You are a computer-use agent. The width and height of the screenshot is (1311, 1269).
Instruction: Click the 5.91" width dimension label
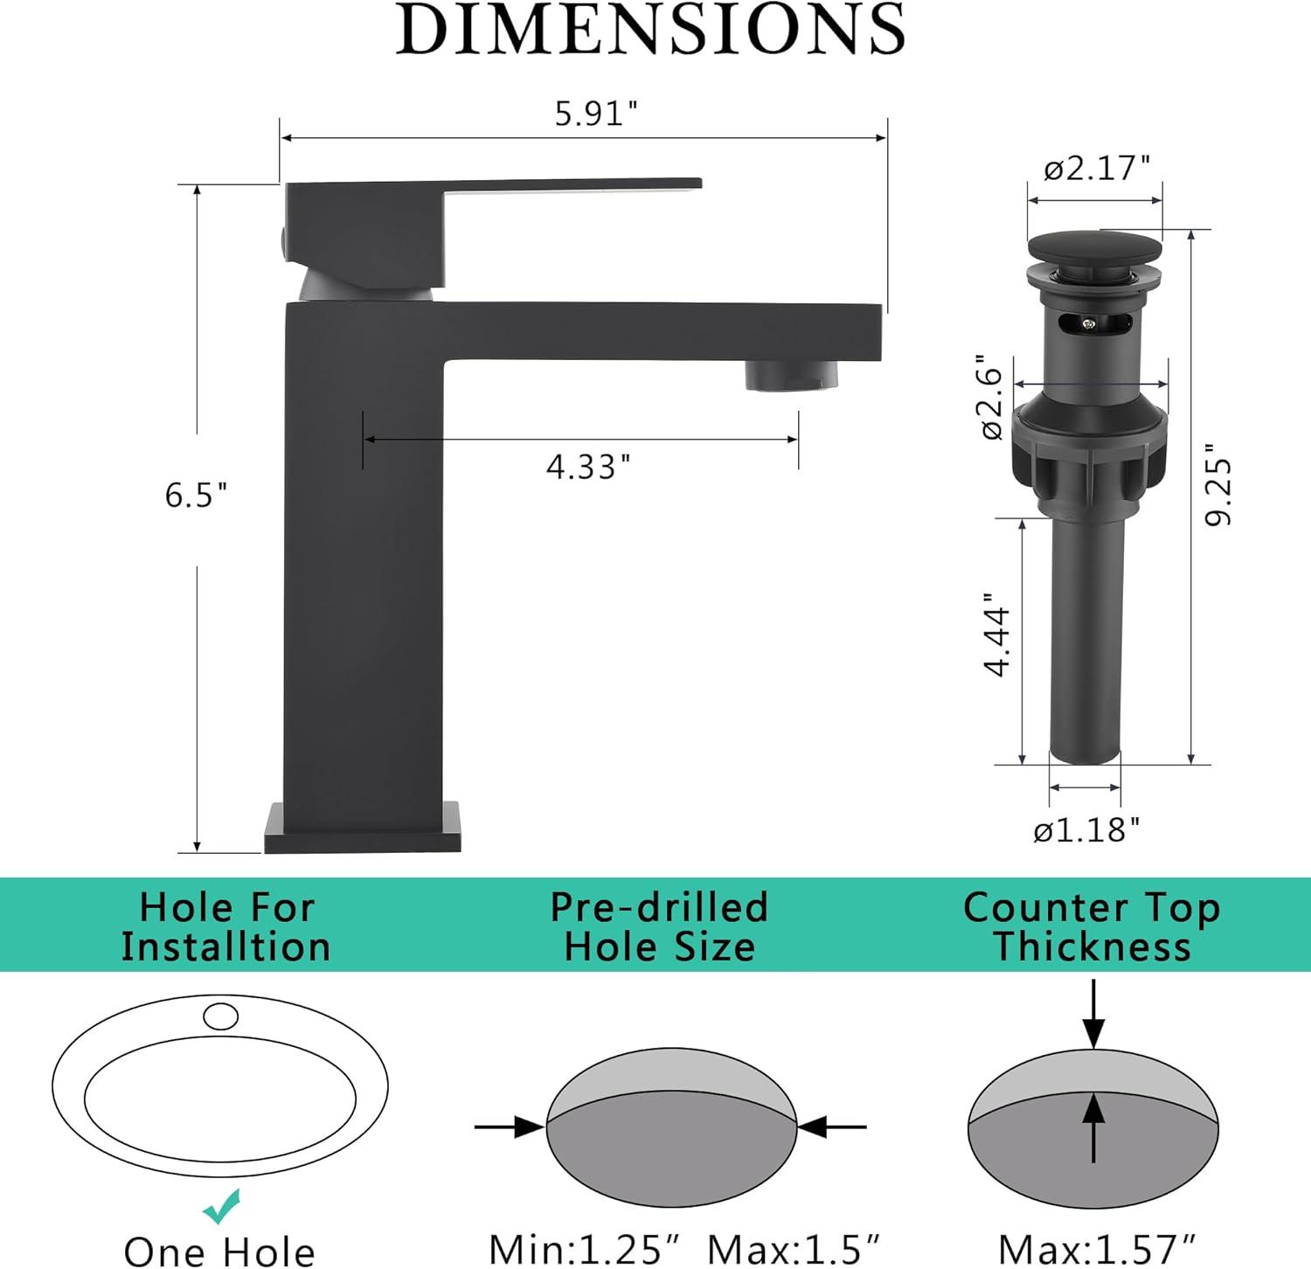[597, 114]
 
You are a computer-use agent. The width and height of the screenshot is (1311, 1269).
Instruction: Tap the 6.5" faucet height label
[196, 496]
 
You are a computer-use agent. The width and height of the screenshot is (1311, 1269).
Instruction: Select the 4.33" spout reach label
[588, 467]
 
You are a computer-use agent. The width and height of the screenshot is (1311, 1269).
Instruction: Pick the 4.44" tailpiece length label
[996, 634]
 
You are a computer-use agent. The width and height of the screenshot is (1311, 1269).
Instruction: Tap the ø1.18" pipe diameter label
[1086, 829]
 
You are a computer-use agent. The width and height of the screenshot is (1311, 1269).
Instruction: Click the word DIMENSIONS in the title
[651, 29]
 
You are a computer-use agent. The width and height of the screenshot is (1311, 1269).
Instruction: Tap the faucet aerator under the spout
[791, 376]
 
